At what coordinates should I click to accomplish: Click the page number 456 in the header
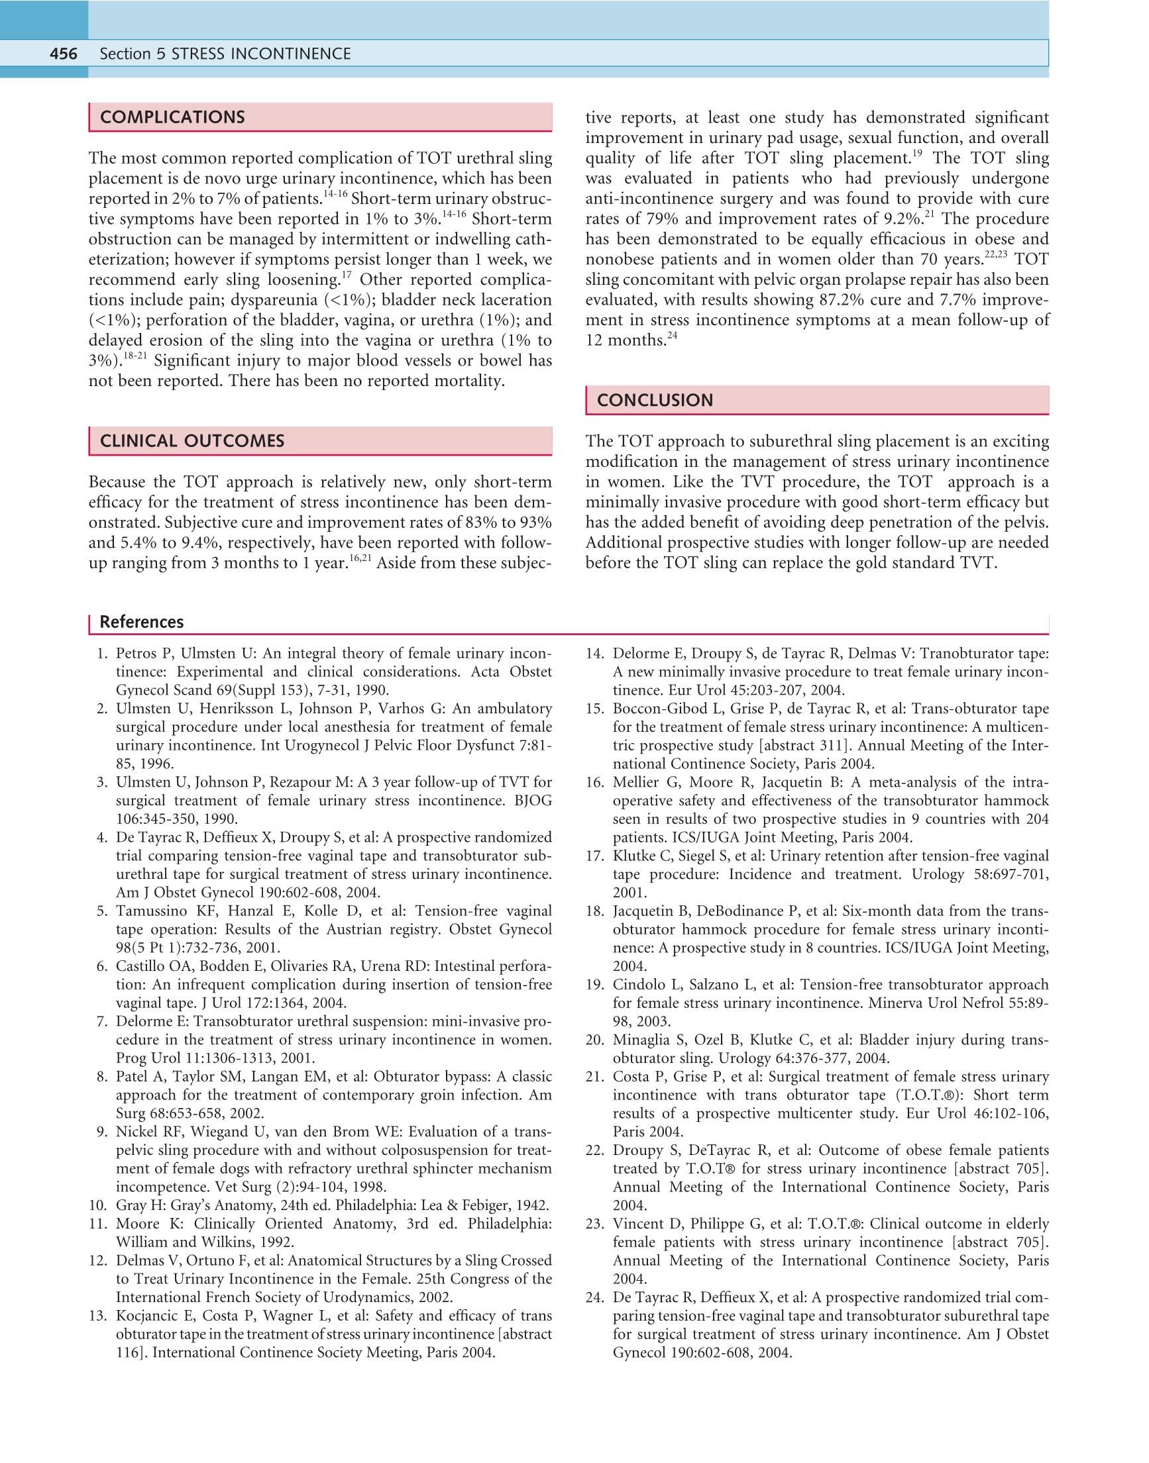click(x=63, y=54)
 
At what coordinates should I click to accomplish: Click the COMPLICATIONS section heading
click(x=172, y=118)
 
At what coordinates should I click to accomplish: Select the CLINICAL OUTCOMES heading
click(x=191, y=441)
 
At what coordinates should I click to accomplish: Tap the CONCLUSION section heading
click(x=655, y=400)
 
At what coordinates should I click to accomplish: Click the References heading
click(x=141, y=622)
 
